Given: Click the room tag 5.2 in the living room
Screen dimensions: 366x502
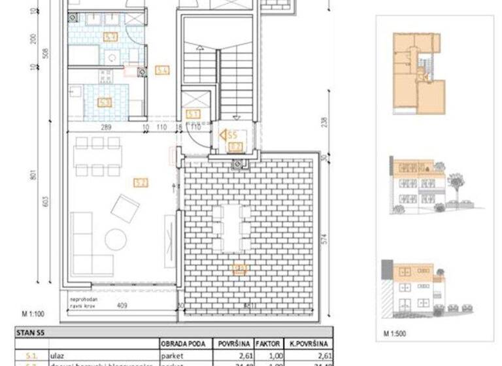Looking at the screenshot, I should pos(140,183).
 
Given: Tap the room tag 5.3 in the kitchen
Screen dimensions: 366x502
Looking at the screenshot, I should pos(105,102).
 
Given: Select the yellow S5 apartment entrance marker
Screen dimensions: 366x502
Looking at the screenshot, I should pos(228,135).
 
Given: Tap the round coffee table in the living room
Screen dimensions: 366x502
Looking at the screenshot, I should pos(116,240).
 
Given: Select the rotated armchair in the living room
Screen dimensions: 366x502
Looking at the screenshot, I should pos(125,208).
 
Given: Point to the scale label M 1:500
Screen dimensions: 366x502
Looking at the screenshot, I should pos(395,333).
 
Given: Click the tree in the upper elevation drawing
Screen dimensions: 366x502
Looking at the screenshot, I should pos(456,183).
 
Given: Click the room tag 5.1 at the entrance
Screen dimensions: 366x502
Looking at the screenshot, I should pos(193,113).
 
